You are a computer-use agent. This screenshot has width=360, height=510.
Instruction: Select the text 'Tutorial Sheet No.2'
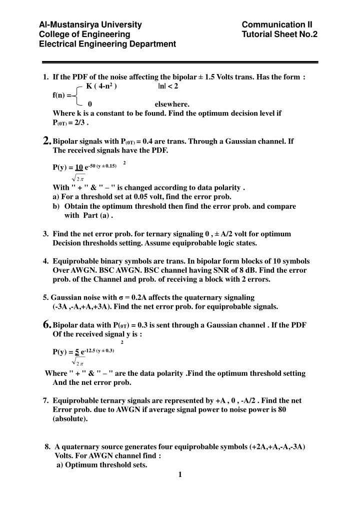[279, 34]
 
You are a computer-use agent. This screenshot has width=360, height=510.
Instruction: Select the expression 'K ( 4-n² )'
[101, 86]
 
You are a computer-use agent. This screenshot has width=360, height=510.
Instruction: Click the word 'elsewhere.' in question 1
[172, 104]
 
